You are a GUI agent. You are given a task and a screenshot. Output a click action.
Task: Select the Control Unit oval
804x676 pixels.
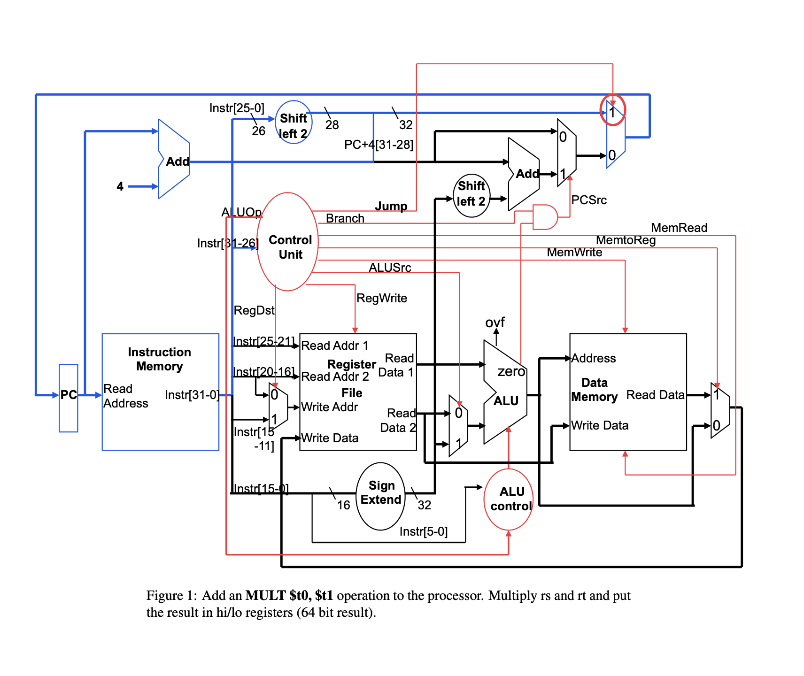[x=288, y=242]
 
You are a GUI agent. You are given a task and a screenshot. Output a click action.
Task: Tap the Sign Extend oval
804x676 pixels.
[x=380, y=496]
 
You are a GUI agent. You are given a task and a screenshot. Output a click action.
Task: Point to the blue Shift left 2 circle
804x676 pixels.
[x=294, y=123]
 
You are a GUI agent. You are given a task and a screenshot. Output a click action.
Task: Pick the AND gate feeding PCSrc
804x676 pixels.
[x=544, y=217]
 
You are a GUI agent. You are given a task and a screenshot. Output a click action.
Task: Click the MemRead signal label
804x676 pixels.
[x=679, y=228]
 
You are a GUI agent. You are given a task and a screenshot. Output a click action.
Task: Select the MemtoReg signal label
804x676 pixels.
[x=626, y=240]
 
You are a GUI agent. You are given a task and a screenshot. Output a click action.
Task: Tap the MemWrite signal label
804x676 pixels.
[x=574, y=253]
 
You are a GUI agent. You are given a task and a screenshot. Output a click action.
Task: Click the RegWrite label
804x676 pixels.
[x=381, y=298]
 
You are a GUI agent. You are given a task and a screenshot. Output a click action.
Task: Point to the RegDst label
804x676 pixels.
[x=254, y=310]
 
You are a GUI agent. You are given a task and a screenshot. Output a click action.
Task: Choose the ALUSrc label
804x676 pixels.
[x=390, y=268]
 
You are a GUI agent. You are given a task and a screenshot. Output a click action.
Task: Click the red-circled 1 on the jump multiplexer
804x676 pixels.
[x=612, y=111]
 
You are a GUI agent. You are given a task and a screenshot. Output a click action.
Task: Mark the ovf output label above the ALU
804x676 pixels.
[x=495, y=323]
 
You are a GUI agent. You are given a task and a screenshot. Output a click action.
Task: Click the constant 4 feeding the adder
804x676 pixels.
[x=120, y=186]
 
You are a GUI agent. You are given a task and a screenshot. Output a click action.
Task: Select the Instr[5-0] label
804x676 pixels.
[x=423, y=531]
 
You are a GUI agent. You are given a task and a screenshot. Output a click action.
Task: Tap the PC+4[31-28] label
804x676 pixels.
[x=379, y=145]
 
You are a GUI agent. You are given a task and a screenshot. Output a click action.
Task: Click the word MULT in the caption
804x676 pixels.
[x=265, y=596]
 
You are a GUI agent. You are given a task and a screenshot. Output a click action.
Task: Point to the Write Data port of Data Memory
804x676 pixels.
[x=599, y=425]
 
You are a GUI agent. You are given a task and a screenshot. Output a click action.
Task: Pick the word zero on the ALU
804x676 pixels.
[x=511, y=371]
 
